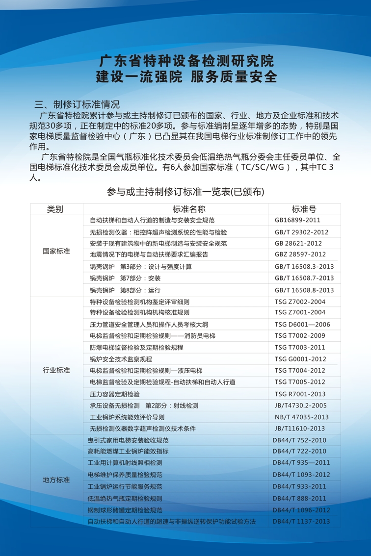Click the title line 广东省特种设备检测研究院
pos(186,61)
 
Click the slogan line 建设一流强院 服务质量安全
pos(186,77)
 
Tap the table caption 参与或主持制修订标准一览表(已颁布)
pos(185,192)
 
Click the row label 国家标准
pos(56,251)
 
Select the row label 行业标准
pos(56,370)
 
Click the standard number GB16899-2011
pos(297,220)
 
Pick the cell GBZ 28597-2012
pos(300,254)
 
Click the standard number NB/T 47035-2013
pos(302,417)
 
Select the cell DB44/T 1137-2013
pos(301,521)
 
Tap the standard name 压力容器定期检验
pos(115,394)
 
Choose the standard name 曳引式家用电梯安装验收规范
pos(128,440)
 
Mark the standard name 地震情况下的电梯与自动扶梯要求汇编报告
pos(149,254)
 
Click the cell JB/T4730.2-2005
pos(300,405)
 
